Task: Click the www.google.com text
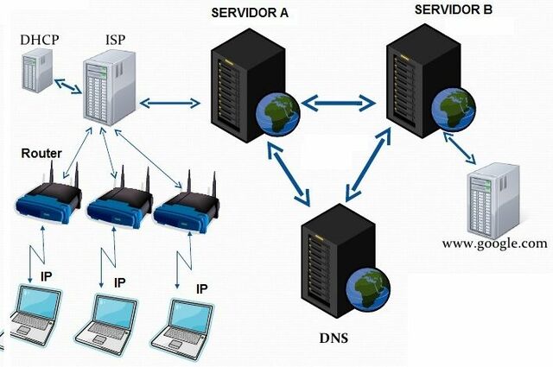tap(494, 243)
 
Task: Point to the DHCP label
tap(41, 41)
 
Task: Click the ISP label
tap(116, 41)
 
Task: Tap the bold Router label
tap(41, 153)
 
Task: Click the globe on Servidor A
tap(277, 113)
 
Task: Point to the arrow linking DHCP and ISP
tap(69, 85)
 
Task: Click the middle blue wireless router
tap(115, 205)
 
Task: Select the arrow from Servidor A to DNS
tap(290, 175)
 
